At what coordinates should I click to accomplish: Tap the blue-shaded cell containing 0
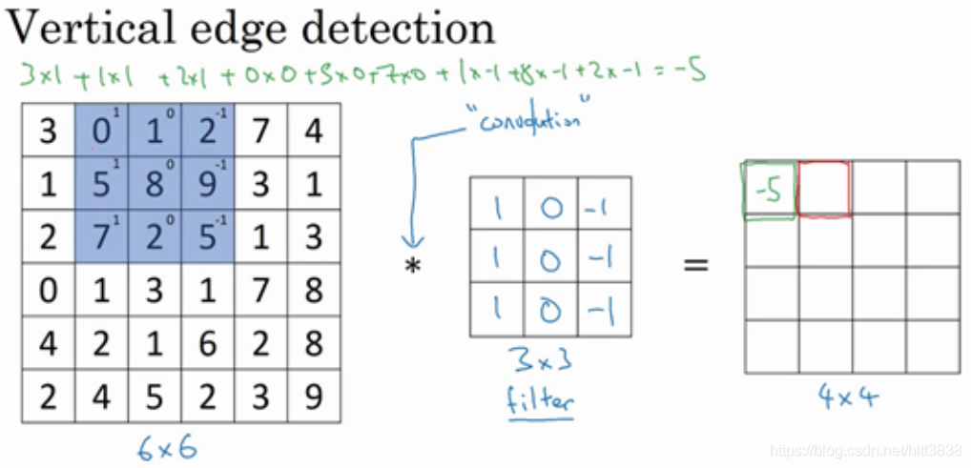[x=100, y=130]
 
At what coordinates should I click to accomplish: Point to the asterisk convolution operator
[x=412, y=266]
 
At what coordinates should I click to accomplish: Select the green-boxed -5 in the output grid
[x=768, y=191]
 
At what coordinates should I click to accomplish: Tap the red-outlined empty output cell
[x=823, y=188]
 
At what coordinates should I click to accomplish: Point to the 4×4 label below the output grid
[x=849, y=397]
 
